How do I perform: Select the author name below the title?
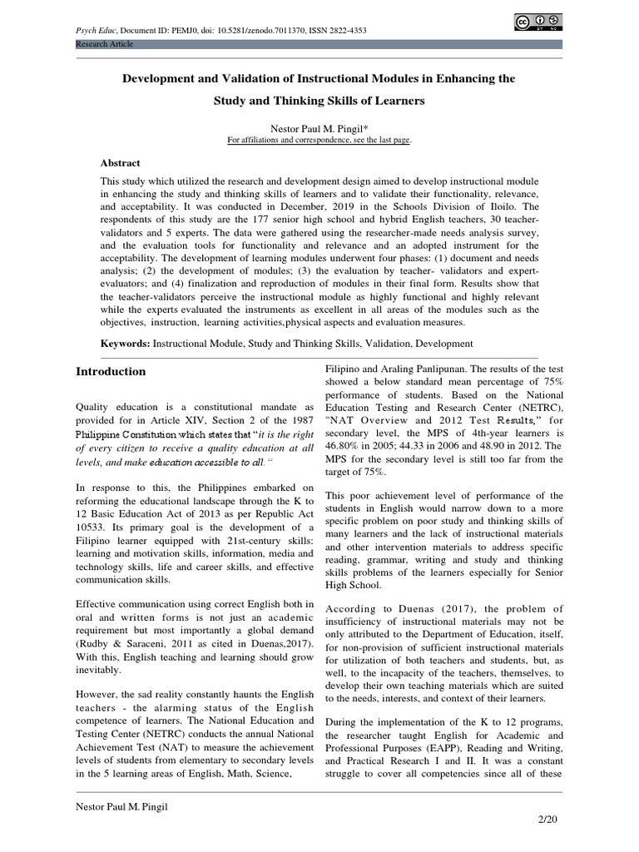pos(319,129)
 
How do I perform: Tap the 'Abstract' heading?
pos(120,163)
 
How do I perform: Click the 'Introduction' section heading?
pos(111,371)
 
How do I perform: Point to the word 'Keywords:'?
pos(126,343)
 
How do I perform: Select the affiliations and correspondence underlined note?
pos(319,141)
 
